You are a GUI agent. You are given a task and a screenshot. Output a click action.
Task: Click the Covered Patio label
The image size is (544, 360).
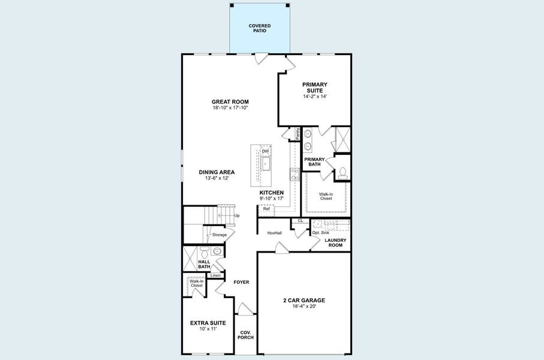pyautogui.click(x=260, y=28)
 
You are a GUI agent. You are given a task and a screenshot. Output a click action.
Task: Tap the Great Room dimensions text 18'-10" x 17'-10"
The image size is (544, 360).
pyautogui.click(x=230, y=108)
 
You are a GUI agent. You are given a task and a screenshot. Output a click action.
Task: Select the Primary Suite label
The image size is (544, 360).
pyautogui.click(x=315, y=88)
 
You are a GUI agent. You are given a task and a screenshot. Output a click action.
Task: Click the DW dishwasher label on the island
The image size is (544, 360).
pyautogui.click(x=265, y=151)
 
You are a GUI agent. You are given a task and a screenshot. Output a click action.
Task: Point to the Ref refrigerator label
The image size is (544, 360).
pyautogui.click(x=266, y=209)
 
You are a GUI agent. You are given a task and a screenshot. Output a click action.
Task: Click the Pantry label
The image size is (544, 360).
pyautogui.click(x=297, y=133)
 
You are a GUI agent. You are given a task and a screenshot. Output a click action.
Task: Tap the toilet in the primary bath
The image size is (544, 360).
pyautogui.click(x=342, y=172)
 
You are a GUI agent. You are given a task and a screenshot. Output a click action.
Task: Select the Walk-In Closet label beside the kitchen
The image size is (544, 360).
pyautogui.click(x=326, y=196)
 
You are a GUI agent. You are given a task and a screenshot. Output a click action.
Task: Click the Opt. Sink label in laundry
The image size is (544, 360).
pyautogui.click(x=321, y=232)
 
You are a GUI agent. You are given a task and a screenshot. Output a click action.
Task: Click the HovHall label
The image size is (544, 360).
pyautogui.click(x=275, y=232)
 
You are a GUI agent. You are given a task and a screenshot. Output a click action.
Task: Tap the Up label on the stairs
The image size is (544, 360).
pyautogui.click(x=237, y=215)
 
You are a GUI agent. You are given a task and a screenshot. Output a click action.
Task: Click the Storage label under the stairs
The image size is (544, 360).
pyautogui.click(x=219, y=235)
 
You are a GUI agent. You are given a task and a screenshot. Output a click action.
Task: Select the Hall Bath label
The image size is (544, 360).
pyautogui.click(x=204, y=264)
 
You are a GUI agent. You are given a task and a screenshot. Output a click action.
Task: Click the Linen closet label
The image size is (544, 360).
pyautogui.click(x=215, y=275)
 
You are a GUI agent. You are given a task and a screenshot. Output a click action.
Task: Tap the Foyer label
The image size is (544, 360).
pyautogui.click(x=241, y=282)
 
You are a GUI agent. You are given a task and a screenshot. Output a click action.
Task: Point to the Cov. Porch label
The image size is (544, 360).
pyautogui.click(x=246, y=335)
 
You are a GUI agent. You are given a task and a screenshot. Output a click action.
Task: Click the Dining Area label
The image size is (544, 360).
pyautogui.click(x=217, y=172)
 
